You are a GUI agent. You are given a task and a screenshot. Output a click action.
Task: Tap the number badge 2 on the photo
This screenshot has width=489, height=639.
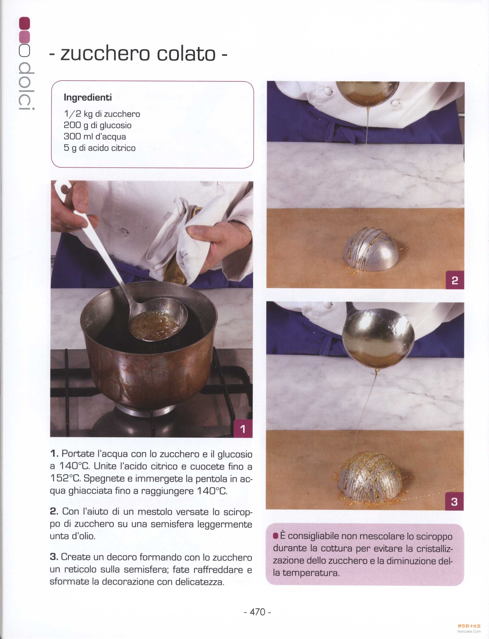455,280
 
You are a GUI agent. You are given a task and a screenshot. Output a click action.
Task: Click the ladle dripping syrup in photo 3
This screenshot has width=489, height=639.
378,338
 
